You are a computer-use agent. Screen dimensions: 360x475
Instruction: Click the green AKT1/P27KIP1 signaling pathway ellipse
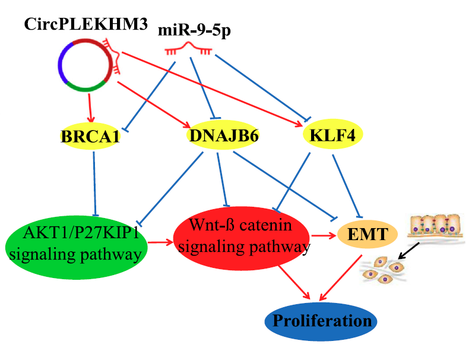[x=75, y=244]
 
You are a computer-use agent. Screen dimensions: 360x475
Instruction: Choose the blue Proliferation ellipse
[x=321, y=321]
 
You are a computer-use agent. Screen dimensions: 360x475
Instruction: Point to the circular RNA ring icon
[x=85, y=64]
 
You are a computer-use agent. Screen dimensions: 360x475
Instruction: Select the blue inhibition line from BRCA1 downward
[x=94, y=178]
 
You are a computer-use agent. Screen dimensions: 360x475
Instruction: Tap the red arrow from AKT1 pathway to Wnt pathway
[x=160, y=242]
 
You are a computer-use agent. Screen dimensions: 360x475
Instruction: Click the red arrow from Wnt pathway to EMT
[x=323, y=236]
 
